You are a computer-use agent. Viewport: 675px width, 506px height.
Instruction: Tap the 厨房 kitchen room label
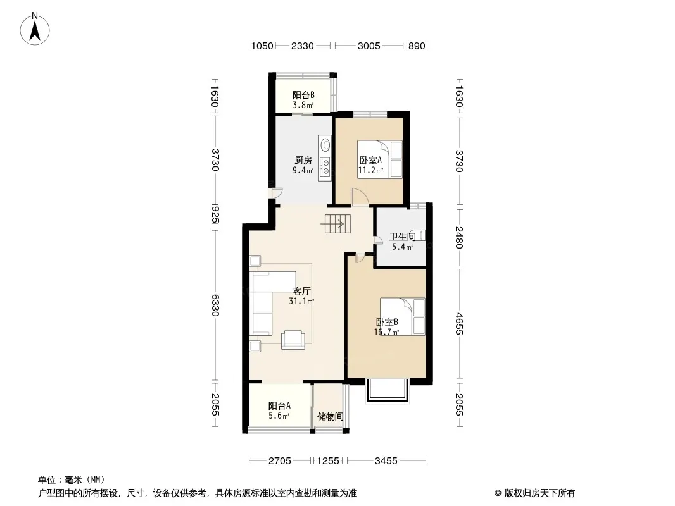point(303,161)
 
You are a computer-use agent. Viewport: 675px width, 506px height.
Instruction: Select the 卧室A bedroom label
point(370,161)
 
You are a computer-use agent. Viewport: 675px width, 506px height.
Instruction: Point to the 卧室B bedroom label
point(387,322)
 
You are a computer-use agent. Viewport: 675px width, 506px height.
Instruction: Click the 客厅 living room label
point(302,291)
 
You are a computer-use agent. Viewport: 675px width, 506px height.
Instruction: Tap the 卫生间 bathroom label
point(403,237)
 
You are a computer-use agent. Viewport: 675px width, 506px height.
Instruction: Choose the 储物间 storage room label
point(330,416)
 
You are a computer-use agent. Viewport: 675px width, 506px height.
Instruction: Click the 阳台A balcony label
point(279,405)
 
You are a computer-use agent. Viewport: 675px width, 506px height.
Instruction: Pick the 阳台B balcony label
point(303,95)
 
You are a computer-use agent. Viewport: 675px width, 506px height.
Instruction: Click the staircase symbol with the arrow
point(338,223)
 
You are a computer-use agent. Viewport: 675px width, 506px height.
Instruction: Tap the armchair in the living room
point(293,340)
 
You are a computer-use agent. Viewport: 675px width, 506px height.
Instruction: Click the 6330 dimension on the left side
point(215,305)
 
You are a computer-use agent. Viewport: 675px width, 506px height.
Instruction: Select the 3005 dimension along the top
point(369,46)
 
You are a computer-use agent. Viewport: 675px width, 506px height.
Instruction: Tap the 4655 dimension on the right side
point(459,324)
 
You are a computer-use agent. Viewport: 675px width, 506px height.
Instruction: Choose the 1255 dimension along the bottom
point(328,461)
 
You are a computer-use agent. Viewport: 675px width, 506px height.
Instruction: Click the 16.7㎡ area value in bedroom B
point(387,332)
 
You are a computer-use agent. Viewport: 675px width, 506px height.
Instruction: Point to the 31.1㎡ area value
point(301,301)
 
